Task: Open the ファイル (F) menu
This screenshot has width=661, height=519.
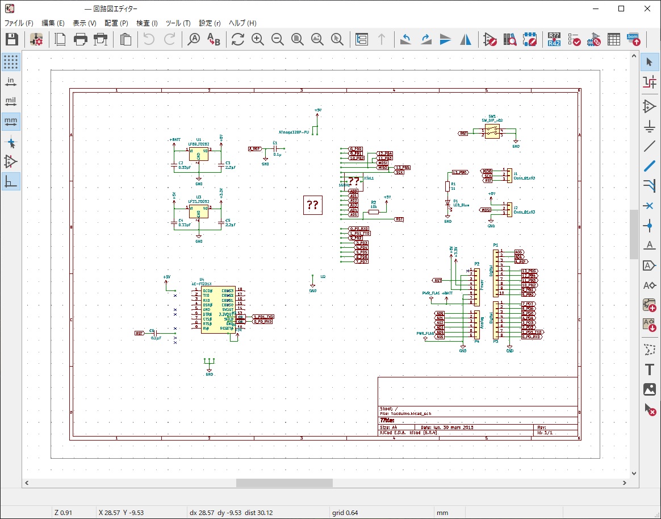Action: click(x=19, y=23)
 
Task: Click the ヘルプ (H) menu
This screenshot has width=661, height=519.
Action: click(x=242, y=23)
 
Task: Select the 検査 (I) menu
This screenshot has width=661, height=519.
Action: click(x=147, y=23)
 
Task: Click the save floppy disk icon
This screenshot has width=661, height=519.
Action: click(x=12, y=39)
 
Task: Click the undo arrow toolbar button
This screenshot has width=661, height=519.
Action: click(x=149, y=39)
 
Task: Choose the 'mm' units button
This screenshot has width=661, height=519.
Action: click(x=11, y=121)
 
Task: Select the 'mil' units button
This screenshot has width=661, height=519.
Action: click(x=11, y=102)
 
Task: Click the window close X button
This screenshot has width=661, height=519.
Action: click(x=647, y=9)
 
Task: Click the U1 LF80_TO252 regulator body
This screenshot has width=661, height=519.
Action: click(x=198, y=155)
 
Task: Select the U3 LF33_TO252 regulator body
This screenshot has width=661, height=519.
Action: click(x=198, y=212)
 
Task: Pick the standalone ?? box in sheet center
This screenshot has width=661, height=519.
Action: click(x=312, y=205)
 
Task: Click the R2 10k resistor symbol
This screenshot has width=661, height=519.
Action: click(x=373, y=212)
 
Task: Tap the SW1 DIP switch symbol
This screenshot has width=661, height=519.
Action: click(x=492, y=131)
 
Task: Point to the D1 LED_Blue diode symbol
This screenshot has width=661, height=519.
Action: click(x=448, y=202)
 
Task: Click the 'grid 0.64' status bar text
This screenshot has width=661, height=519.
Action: click(x=345, y=513)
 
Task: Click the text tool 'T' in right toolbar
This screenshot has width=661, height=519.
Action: click(x=650, y=369)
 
